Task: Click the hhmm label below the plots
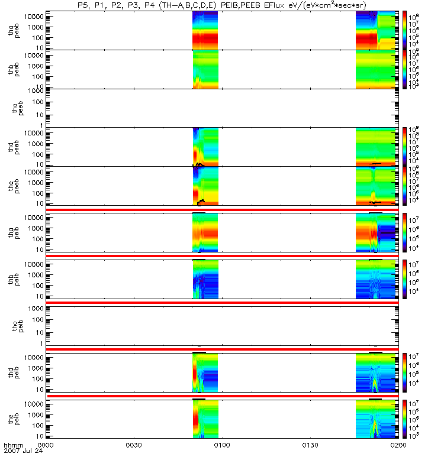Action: tap(13, 444)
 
